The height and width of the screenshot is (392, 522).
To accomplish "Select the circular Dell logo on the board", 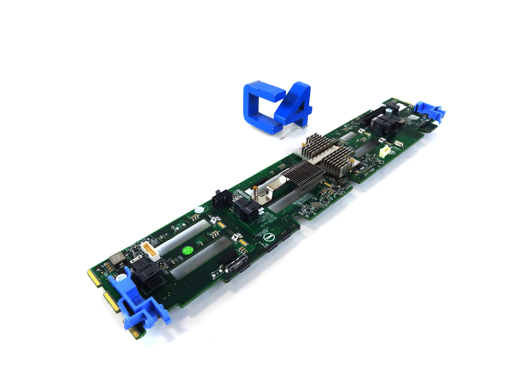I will [x=269, y=236].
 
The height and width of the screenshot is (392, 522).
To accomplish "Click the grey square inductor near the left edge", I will [x=114, y=258].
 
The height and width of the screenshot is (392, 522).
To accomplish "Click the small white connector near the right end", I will [x=384, y=150].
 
